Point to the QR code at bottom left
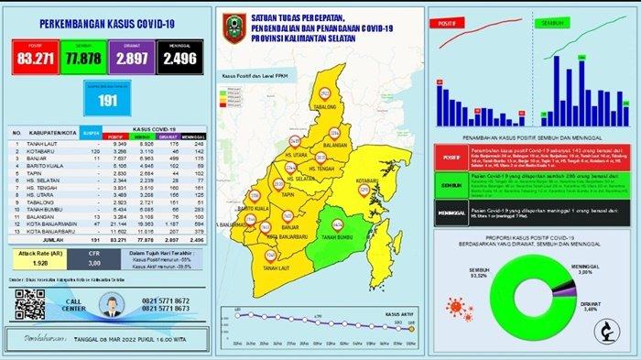tap(30, 303)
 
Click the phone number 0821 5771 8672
tap(160, 300)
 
